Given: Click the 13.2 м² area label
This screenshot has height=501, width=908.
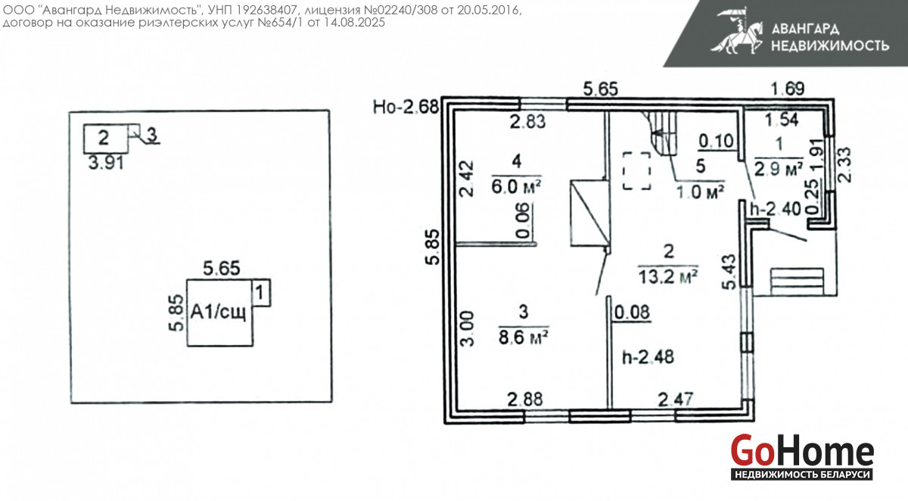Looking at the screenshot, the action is [x=667, y=277].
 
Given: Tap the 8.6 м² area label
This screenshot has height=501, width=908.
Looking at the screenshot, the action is [x=524, y=337].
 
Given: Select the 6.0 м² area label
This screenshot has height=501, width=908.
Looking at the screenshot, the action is [x=516, y=187].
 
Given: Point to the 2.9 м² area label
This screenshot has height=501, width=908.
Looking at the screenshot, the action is [x=779, y=169].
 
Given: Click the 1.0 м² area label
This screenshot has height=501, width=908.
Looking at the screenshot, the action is [x=700, y=191].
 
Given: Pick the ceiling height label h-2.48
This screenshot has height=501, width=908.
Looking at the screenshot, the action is [x=648, y=357].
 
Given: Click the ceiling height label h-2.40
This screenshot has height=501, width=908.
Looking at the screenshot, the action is [x=776, y=209].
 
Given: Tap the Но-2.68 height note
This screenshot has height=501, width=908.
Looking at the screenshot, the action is [x=406, y=107].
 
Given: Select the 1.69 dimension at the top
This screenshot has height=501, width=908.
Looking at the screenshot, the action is [x=787, y=89].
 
